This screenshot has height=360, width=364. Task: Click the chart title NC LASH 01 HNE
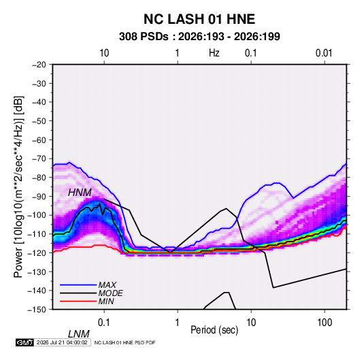click(x=199, y=19)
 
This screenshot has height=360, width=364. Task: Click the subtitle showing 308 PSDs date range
click(x=199, y=37)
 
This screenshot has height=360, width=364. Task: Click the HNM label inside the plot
click(x=80, y=193)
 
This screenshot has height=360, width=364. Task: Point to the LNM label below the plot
click(x=78, y=334)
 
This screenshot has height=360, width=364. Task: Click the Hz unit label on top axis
click(x=214, y=53)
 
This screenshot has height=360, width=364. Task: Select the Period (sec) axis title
click(x=214, y=330)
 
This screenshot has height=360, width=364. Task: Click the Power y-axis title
click(x=18, y=187)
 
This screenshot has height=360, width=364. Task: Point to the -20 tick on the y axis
click(x=39, y=65)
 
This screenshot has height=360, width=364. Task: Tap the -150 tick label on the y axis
click(x=37, y=310)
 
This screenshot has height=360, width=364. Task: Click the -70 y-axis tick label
click(x=39, y=159)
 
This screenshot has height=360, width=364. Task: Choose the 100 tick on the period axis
click(x=325, y=323)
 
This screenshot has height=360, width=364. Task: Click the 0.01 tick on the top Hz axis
click(x=324, y=53)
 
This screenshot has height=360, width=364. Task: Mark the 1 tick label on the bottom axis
click(x=177, y=323)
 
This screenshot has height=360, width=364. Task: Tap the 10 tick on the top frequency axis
click(x=104, y=53)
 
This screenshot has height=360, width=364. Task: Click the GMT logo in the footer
click(x=24, y=342)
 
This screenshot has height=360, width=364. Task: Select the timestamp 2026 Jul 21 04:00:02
click(x=62, y=342)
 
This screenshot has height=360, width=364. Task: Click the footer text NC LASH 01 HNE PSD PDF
click(x=125, y=342)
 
